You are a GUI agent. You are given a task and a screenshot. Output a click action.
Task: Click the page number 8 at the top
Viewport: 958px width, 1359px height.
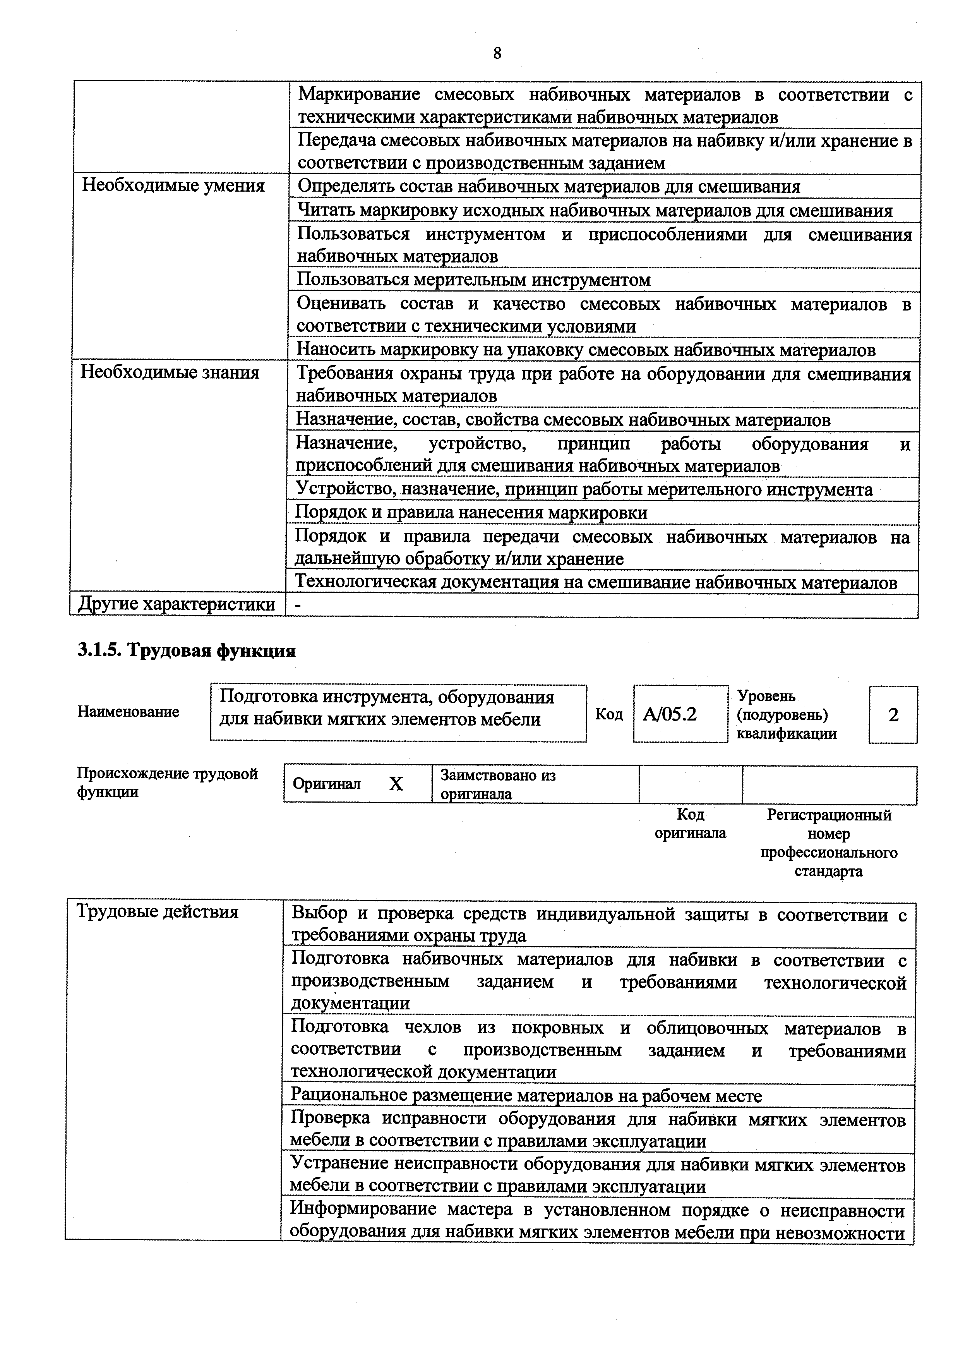click(497, 53)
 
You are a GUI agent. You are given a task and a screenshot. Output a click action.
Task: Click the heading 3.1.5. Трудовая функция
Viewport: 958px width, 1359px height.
click(187, 650)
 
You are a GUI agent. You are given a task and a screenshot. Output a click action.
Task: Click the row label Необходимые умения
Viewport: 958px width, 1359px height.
click(173, 186)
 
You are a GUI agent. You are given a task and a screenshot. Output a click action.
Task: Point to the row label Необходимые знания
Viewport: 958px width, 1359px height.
click(170, 372)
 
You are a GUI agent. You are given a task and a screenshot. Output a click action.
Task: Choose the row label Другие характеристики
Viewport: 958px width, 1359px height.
click(177, 604)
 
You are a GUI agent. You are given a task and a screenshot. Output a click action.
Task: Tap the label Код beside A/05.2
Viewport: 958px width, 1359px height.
click(609, 714)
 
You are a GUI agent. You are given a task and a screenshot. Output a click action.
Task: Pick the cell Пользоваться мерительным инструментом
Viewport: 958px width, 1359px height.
click(473, 280)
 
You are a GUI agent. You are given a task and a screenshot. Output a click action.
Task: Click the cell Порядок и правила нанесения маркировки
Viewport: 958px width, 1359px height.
click(471, 513)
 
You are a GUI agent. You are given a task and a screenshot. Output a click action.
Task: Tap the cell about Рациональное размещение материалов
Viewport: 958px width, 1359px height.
click(526, 1096)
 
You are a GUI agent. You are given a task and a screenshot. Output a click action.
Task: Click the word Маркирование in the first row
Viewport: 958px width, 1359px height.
click(358, 95)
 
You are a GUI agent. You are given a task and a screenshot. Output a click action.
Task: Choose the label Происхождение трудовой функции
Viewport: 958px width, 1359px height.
click(168, 782)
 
